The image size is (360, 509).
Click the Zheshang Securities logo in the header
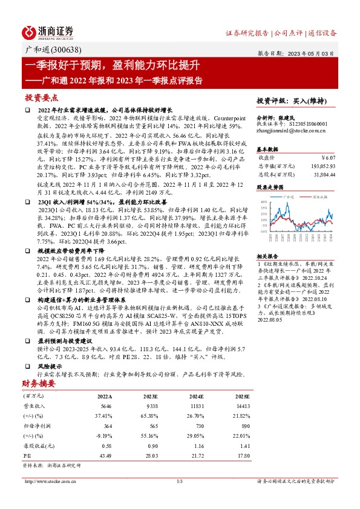tap(48, 31)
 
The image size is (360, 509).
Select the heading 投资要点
tap(41, 97)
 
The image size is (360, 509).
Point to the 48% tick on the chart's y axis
tap(264, 202)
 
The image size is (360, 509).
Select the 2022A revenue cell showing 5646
tap(105, 406)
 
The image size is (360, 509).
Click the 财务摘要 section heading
tap(39, 383)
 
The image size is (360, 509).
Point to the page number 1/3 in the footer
tap(179, 481)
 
